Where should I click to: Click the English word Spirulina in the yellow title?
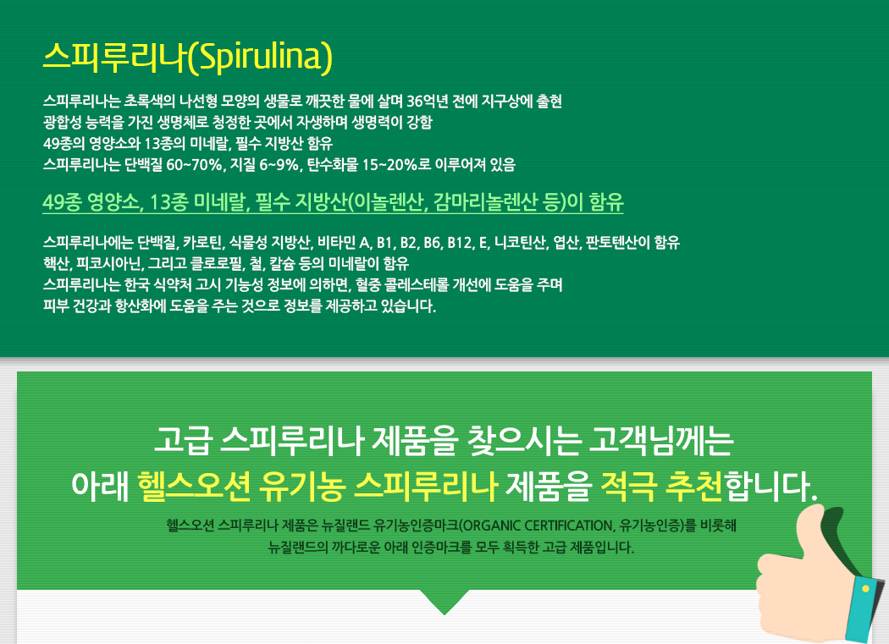[x=260, y=58]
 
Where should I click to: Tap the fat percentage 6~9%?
[x=279, y=165]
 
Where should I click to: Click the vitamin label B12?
[x=459, y=243]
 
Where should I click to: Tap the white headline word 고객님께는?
[x=661, y=441]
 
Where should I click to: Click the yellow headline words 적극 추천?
[x=661, y=487]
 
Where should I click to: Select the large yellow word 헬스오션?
[x=194, y=487]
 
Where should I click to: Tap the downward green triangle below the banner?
[x=444, y=600]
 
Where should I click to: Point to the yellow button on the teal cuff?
[x=865, y=589]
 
